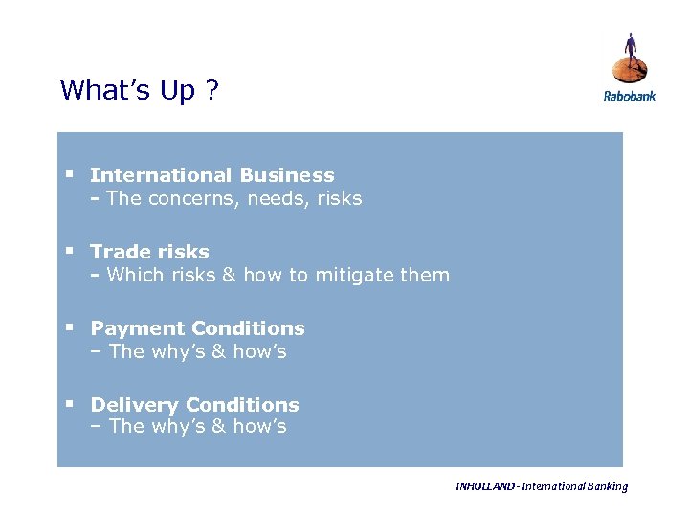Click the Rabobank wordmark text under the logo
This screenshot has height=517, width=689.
coord(629,96)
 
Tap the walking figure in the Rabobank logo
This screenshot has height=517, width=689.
coord(630,53)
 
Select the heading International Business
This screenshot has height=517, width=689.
coord(211,175)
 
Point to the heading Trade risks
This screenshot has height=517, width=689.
coord(149,252)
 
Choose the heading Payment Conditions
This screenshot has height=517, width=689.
coord(197,328)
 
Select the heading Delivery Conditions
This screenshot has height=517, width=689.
coord(194,405)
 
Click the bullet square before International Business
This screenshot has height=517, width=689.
coord(70,174)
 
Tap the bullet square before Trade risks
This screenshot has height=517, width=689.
coord(70,251)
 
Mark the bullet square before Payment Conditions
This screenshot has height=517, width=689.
coord(70,327)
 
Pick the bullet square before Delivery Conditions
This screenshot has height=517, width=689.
coord(70,404)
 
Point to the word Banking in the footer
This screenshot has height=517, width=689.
coord(607,486)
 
